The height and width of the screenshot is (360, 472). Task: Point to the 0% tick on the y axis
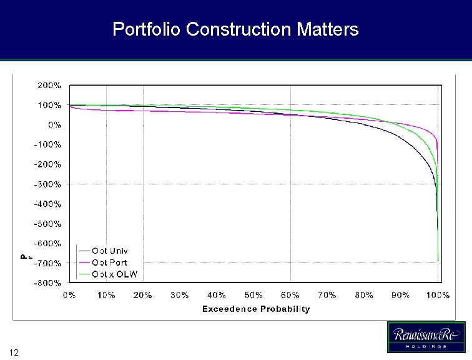click(x=54, y=124)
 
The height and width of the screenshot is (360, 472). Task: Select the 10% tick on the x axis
click(x=106, y=295)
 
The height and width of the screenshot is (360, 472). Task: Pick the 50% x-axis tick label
click(x=253, y=295)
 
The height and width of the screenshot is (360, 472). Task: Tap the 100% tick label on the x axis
click(x=438, y=295)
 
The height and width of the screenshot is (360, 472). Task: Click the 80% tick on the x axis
click(x=364, y=295)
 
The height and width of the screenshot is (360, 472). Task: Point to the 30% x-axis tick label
click(x=180, y=295)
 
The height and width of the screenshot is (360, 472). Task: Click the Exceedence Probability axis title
click(x=256, y=309)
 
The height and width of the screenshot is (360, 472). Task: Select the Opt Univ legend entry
click(x=109, y=251)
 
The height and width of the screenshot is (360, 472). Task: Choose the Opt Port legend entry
click(x=109, y=262)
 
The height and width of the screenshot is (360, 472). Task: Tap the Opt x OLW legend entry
click(x=114, y=274)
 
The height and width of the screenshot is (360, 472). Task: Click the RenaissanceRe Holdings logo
click(x=426, y=338)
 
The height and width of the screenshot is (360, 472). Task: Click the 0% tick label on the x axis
click(x=69, y=295)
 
